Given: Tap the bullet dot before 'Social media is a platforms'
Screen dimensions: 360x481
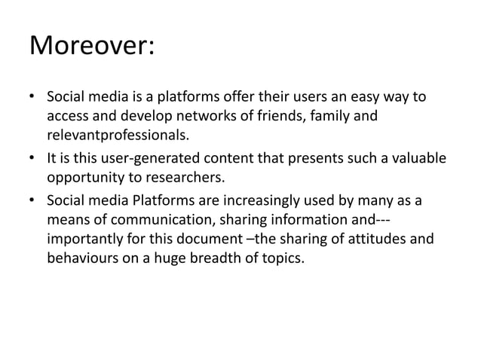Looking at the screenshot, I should pyautogui.click(x=32, y=99).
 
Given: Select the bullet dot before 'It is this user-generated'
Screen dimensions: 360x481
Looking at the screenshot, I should pyautogui.click(x=32, y=158).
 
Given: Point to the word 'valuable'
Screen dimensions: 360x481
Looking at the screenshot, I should pyautogui.click(x=417, y=158).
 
